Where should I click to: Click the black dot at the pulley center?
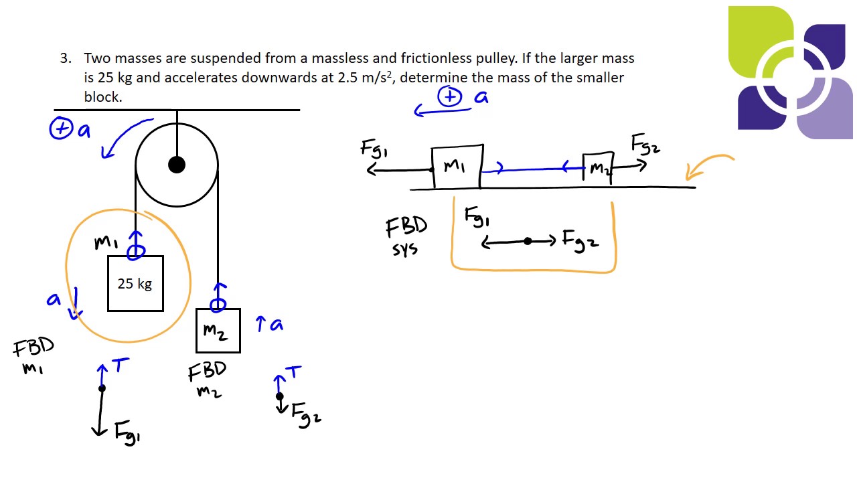click(177, 164)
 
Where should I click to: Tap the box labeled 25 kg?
click(135, 283)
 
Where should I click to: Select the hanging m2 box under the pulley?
click(218, 330)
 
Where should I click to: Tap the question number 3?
click(65, 58)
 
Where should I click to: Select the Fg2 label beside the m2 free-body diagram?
click(306, 414)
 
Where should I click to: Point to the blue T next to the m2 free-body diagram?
click(293, 372)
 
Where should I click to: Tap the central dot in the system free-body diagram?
click(528, 241)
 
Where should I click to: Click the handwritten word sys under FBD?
click(405, 250)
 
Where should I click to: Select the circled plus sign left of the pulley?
click(61, 129)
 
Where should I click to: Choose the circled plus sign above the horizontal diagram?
click(449, 97)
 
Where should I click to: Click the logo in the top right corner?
click(790, 72)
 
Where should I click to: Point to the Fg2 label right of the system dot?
click(580, 240)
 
